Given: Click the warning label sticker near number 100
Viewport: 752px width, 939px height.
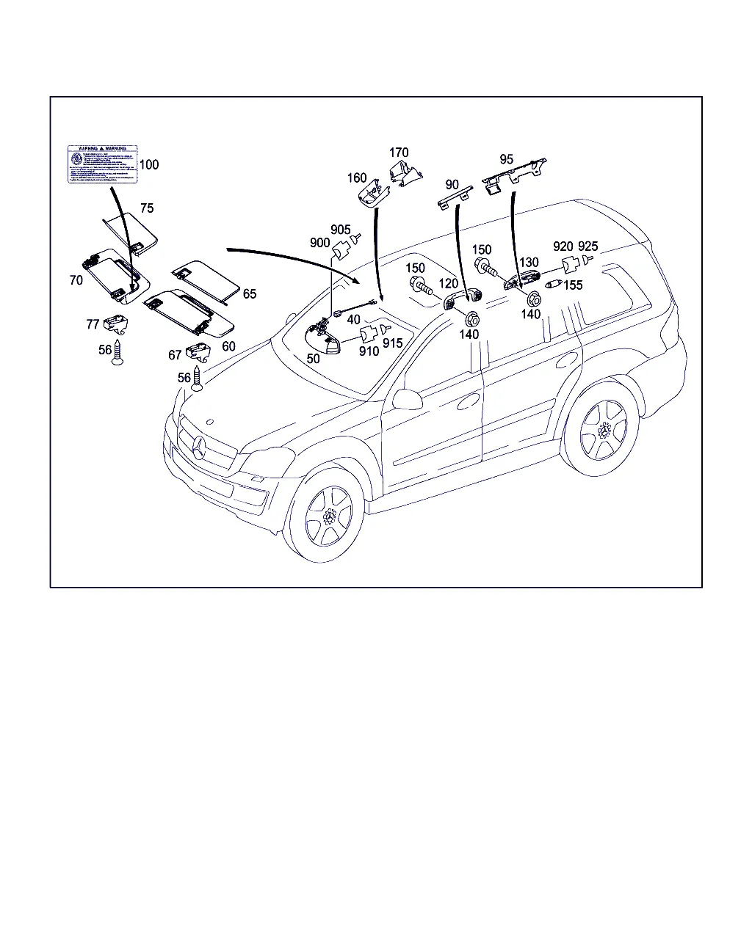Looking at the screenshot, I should tap(102, 165).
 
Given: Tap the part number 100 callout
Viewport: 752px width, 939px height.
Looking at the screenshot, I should tap(149, 165).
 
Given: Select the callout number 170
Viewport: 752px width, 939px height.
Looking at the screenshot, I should tap(399, 153).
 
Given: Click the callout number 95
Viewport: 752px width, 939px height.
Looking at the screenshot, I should tap(507, 159).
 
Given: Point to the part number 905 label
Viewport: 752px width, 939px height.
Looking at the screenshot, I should tap(341, 230).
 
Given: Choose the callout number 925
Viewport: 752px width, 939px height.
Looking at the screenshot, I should tap(588, 246).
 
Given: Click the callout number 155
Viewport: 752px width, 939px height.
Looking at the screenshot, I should tap(574, 285).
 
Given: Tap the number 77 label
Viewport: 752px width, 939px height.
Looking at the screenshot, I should tap(93, 324).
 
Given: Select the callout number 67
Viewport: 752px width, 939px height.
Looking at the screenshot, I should tap(175, 355).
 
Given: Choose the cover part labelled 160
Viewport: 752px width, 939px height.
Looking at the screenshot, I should tap(372, 194).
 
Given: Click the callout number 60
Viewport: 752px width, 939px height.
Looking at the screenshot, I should tap(229, 346).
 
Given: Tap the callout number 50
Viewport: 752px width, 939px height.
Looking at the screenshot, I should tap(314, 359).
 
